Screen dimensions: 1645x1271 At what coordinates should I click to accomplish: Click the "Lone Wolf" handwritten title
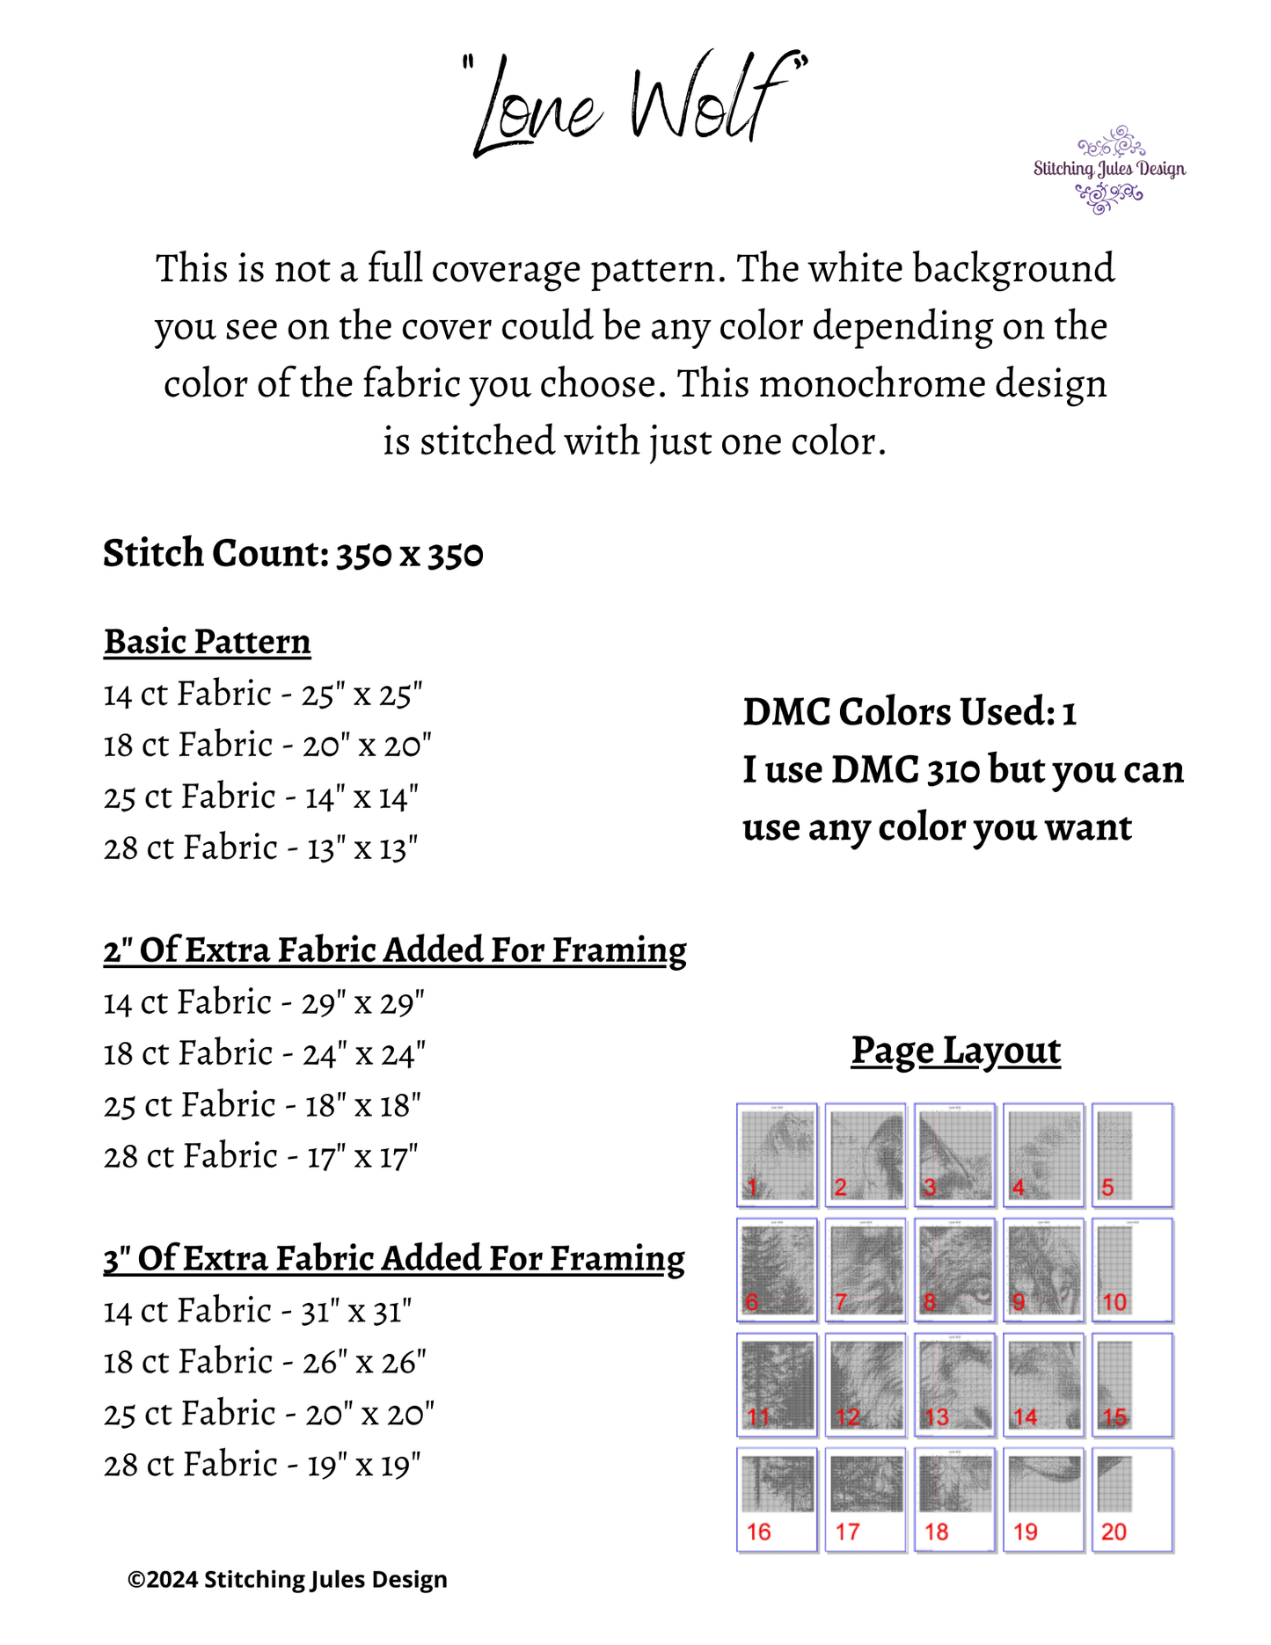635,104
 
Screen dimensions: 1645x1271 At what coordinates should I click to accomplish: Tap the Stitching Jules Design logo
1109,169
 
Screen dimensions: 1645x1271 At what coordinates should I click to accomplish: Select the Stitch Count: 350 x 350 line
293,554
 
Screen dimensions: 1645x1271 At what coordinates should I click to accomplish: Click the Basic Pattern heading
208,642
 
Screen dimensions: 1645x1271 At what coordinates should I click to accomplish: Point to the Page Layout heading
955,1050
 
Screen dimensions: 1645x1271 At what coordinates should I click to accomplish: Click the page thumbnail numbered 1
778,1154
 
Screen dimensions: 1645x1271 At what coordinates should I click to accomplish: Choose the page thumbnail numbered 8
954,1270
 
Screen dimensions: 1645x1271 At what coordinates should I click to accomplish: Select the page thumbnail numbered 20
1132,1499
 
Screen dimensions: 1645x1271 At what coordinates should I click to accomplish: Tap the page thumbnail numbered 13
954,1385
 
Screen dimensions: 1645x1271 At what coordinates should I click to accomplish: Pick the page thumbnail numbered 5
1132,1154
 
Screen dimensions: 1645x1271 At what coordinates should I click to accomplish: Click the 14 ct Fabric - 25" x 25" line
263,695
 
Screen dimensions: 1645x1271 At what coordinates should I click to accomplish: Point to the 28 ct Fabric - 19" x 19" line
262,1465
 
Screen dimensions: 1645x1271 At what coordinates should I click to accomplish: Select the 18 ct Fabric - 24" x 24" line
264,1053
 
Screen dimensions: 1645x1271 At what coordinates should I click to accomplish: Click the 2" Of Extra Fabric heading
395,950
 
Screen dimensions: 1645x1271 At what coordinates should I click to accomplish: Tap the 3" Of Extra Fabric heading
394,1259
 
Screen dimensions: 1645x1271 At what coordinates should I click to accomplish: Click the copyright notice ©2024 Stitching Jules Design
288,1579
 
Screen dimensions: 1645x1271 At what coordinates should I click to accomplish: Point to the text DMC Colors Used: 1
909,712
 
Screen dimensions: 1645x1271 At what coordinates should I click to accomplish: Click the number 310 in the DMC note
953,770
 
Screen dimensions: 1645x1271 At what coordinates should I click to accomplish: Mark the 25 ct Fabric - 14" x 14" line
260,797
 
